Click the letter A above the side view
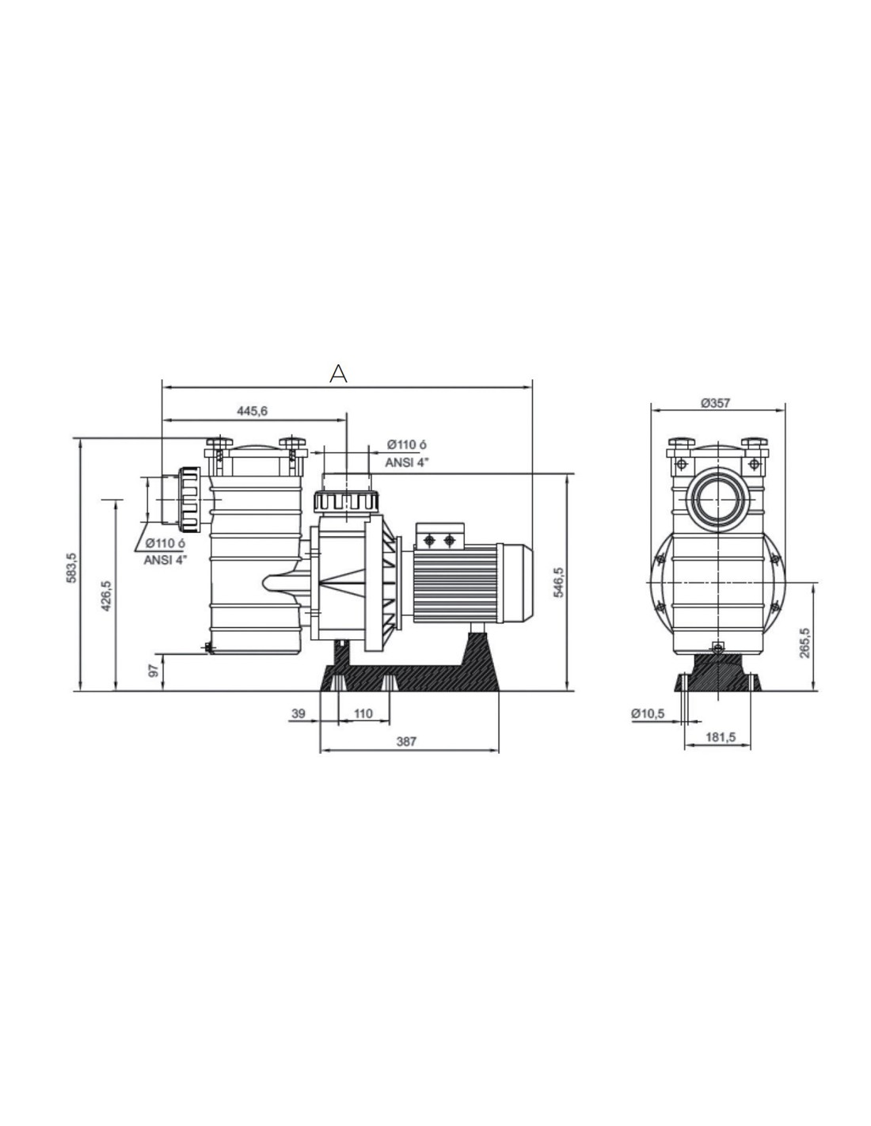point(338,373)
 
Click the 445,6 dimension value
point(253,411)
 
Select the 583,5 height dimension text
point(71,568)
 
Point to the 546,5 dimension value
point(558,583)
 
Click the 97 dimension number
point(154,671)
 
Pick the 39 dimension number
point(298,713)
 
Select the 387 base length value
point(406,741)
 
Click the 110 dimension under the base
point(363,713)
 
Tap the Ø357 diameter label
point(716,402)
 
